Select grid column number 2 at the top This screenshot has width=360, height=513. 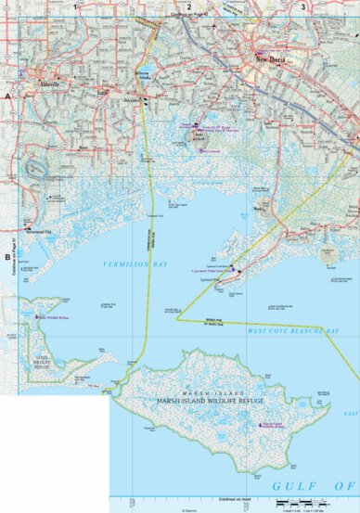pos(188,6)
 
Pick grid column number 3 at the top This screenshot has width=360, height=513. pos(302,6)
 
